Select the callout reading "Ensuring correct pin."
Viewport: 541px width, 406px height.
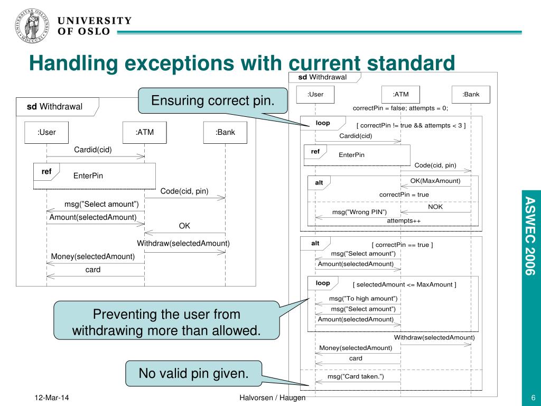coord(213,100)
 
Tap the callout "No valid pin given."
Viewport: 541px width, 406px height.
coord(193,373)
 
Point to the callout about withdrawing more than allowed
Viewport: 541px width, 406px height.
coord(167,322)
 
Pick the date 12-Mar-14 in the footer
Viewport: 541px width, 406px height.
coord(52,398)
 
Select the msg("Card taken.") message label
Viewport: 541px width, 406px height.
coord(356,376)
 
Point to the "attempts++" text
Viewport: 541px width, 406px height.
coord(404,220)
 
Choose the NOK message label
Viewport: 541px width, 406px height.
coord(435,207)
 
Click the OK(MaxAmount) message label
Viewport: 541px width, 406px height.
coord(435,181)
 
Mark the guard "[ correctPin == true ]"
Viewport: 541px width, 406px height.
coord(402,245)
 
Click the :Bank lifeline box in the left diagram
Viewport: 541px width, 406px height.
coord(225,132)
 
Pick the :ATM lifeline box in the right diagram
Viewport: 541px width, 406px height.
coord(400,95)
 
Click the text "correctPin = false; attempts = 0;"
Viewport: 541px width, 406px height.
coord(400,108)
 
